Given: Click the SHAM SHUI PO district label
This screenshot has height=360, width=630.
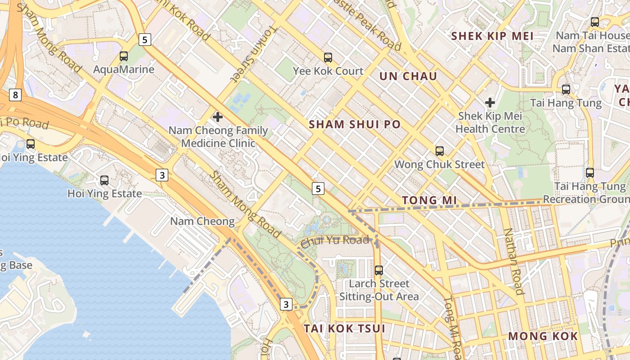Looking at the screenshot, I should pos(355,125).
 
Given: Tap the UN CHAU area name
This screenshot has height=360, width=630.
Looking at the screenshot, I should pos(408,76).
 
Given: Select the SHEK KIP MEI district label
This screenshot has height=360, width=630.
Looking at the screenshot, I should pos(492,36).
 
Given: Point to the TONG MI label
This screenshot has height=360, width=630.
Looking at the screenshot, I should pos(429,200).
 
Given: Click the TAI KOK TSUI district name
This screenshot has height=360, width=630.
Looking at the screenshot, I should pos(344,328).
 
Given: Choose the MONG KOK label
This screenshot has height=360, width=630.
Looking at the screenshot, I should pos(543,336).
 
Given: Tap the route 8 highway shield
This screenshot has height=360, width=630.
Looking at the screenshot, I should pos(16,95).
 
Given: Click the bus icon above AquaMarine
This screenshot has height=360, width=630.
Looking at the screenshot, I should pos(124,56).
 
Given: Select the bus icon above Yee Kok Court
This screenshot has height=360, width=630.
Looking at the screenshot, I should pos(328,58).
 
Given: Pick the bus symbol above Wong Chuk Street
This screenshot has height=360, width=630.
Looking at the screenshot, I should pos(440,151).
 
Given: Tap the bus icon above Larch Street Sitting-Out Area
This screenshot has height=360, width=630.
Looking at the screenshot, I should pos(379,270).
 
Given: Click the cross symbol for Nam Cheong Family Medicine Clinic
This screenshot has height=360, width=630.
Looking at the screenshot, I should pos(218,117).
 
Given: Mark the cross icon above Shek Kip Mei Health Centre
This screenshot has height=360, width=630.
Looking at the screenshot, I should pos(490,103).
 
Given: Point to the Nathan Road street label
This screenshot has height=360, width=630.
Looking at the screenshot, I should pos(513,261).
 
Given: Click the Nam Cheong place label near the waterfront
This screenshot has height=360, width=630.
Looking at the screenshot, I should pos(202,221).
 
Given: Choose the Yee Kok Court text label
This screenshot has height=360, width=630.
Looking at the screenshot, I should pos(328,71).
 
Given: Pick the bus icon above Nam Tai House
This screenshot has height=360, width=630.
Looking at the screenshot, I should pos(595,22).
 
